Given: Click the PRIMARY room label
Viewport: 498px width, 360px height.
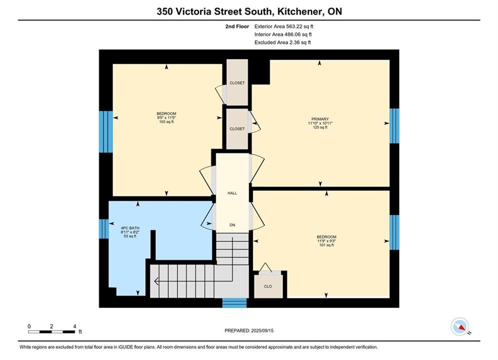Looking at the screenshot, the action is pyautogui.click(x=320, y=119).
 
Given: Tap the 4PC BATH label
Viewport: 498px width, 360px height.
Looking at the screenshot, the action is pyautogui.click(x=130, y=228).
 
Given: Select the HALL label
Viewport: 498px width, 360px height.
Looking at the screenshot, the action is pyautogui.click(x=232, y=193).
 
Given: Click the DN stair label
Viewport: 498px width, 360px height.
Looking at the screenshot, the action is pyautogui.click(x=232, y=225).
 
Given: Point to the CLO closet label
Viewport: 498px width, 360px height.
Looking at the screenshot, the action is pyautogui.click(x=268, y=286).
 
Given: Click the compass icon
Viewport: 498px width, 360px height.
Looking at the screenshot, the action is pyautogui.click(x=460, y=326).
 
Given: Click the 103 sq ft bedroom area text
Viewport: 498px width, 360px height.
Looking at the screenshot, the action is pyautogui.click(x=167, y=121).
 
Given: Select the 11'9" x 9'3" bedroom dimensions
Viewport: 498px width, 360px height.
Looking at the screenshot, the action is pyautogui.click(x=326, y=241).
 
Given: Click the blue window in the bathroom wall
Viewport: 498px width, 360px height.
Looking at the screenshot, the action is pyautogui.click(x=104, y=228).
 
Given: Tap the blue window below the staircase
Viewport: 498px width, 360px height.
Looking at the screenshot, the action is pyautogui.click(x=234, y=303).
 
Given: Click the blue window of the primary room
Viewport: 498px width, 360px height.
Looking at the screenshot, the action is pyautogui.click(x=394, y=126).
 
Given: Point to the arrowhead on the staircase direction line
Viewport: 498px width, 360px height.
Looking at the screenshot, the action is pyautogui.click(x=156, y=281).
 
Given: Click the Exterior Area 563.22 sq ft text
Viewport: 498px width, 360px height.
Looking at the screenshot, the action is pyautogui.click(x=284, y=26).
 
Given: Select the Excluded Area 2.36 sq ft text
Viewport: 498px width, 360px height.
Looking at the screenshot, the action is pyautogui.click(x=282, y=42).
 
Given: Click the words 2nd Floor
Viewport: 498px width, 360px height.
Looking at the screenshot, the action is pyautogui.click(x=237, y=26).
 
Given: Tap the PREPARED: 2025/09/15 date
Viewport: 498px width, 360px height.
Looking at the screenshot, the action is pyautogui.click(x=249, y=330).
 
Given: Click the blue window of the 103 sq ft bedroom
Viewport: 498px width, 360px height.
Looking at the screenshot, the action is pyautogui.click(x=106, y=131).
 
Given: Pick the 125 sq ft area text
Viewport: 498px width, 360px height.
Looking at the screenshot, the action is pyautogui.click(x=320, y=127).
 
